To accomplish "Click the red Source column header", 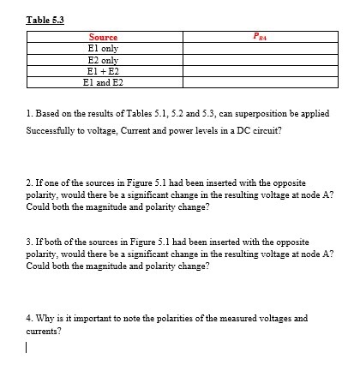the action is point(103,38).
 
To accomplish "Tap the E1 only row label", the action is point(103,49).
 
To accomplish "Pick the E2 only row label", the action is point(103,60).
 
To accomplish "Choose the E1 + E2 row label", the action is point(103,71).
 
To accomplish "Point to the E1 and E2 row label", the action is point(103,82).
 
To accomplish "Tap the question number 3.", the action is point(30,242).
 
